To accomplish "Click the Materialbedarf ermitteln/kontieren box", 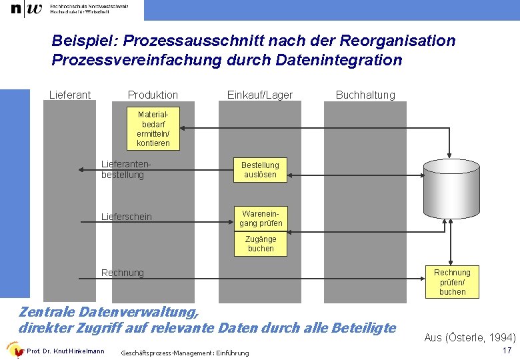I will [x=153, y=129].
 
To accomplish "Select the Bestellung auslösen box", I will [x=260, y=169].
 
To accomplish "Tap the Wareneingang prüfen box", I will [x=261, y=219].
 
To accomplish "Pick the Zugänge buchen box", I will [x=261, y=243].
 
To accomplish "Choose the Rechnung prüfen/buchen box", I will [x=452, y=282].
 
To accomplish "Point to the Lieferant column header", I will [x=70, y=95].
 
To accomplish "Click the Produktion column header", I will [x=153, y=95].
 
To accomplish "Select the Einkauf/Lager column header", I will [x=260, y=95].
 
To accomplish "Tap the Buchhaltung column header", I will [x=365, y=95].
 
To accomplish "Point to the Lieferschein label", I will [x=126, y=217].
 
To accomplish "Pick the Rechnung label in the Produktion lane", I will [x=122, y=273].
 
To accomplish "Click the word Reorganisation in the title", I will [x=397, y=41].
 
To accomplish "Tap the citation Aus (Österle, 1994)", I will [x=470, y=337].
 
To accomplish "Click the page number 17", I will [x=506, y=350].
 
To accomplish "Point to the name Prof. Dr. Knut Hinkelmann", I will [x=65, y=351].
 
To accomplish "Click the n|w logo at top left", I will [x=26, y=9].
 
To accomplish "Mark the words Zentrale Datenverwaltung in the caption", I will [x=108, y=311].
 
